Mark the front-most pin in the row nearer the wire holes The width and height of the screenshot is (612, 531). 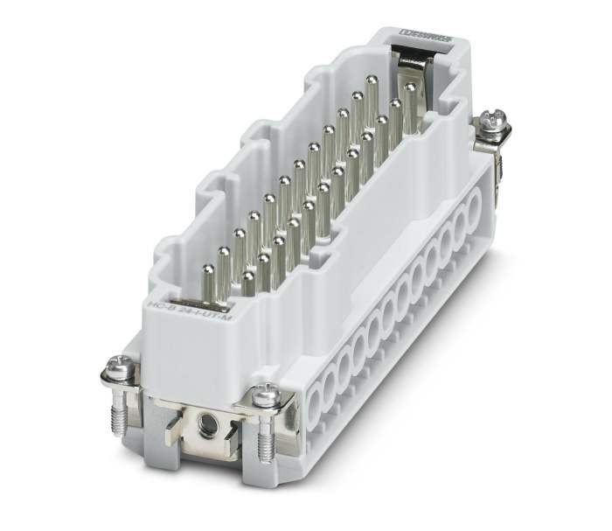[x=249, y=277]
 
